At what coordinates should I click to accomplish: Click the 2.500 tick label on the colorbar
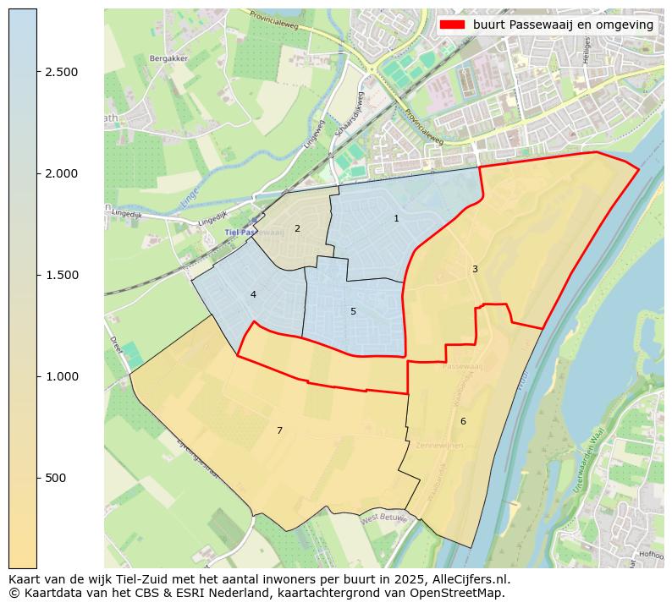point(62,72)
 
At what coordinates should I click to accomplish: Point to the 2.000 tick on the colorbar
point(62,173)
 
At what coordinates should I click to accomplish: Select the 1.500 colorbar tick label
point(62,275)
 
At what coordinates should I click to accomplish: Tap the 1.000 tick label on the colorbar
point(62,376)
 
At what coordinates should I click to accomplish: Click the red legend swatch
point(453,25)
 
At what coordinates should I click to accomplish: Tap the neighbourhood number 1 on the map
point(396,219)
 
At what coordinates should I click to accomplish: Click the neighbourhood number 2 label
point(297,228)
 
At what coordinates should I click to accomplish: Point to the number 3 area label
point(475,269)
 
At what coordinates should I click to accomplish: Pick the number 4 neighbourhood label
point(253,294)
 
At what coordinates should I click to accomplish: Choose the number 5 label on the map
point(353,311)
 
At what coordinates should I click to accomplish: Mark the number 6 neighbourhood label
point(463,421)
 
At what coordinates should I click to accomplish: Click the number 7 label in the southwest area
point(279,431)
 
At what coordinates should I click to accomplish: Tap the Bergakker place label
point(168,58)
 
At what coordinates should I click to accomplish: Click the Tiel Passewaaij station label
point(253,232)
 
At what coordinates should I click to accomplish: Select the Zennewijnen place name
point(439,445)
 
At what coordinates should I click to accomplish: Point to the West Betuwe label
point(384,518)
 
